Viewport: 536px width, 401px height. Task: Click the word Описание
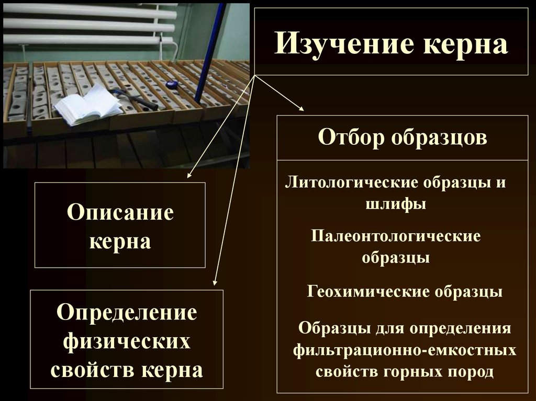pos(120,213)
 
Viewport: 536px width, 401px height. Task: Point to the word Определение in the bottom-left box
pos(127,313)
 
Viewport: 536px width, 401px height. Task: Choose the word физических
pos(127,342)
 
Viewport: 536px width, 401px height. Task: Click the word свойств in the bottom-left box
pos(92,370)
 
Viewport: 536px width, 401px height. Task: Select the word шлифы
pos(396,204)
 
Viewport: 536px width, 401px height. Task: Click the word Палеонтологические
pos(395,236)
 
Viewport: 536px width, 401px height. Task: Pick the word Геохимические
pos(366,291)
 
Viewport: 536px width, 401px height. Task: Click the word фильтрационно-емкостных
pos(405,350)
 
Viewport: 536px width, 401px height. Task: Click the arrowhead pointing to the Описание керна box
pos(190,175)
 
